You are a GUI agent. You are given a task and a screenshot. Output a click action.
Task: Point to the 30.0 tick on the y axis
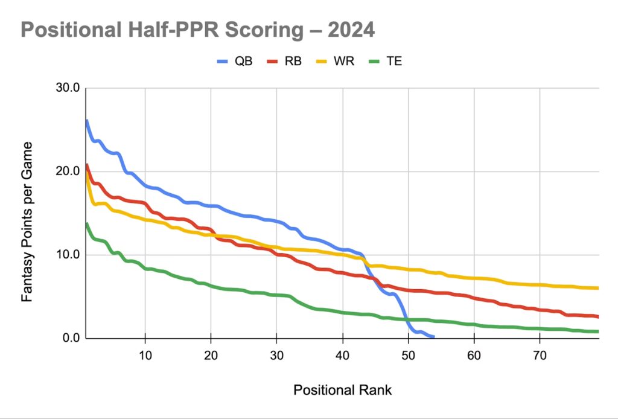click(68, 88)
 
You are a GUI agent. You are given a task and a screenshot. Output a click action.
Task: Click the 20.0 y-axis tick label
click(68, 171)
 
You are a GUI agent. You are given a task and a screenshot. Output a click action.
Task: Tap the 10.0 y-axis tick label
click(68, 255)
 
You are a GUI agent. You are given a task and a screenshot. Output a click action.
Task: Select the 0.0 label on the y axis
click(71, 338)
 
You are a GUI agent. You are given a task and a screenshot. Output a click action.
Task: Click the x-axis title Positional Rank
click(342, 390)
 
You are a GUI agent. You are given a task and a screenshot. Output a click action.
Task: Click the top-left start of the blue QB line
click(87, 121)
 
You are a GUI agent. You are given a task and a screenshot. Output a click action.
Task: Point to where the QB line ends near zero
click(433, 337)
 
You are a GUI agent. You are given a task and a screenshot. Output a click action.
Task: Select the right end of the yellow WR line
click(597, 288)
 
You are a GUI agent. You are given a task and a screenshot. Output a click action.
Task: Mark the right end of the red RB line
click(597, 316)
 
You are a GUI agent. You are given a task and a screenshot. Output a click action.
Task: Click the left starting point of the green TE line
click(87, 224)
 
